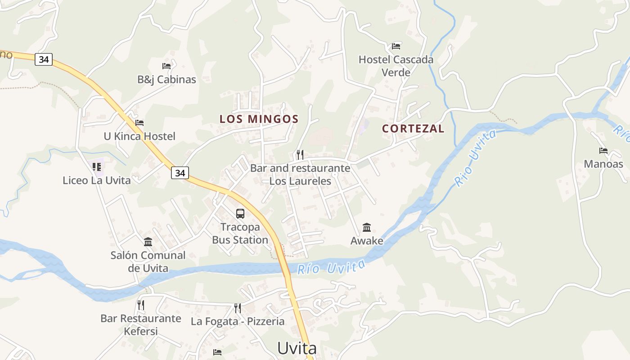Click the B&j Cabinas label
tap(166, 80)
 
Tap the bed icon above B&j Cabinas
tap(166, 66)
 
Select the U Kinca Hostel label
tap(139, 136)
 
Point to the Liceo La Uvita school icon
tap(97, 167)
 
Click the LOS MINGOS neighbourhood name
tap(259, 119)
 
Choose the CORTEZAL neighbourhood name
tap(413, 129)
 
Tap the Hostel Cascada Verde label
tap(396, 66)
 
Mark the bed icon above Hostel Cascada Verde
tap(396, 46)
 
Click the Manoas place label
tap(603, 164)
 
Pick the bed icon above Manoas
tap(603, 151)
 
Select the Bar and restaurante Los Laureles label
tap(300, 175)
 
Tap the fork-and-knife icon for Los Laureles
tap(300, 155)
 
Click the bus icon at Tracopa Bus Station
tap(240, 214)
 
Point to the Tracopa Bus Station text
tap(240, 234)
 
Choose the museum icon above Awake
tap(367, 227)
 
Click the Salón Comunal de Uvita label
tap(148, 261)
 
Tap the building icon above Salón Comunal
tap(148, 242)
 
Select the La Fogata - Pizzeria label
tap(238, 321)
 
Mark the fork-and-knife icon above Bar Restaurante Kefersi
tap(141, 305)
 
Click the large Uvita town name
tap(297, 348)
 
